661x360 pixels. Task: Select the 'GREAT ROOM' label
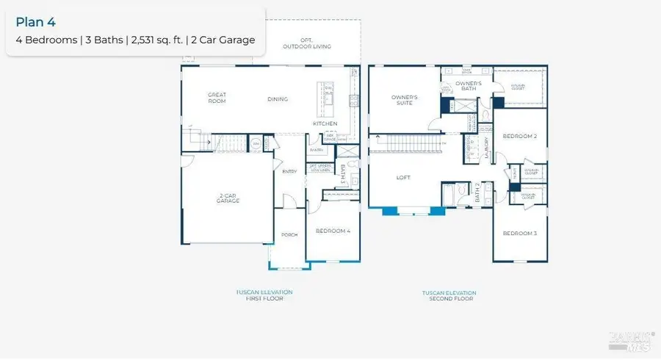[217, 98]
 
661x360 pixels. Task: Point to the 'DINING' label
[278, 99]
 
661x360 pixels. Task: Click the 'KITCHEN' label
[325, 123]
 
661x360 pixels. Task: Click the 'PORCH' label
[289, 235]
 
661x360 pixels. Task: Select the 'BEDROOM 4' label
[333, 231]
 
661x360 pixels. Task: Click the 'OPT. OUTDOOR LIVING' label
[307, 43]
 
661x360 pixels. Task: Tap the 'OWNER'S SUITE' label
[404, 100]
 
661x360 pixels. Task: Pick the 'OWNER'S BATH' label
[468, 87]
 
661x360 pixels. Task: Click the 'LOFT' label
[403, 177]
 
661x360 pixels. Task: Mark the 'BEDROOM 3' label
[520, 233]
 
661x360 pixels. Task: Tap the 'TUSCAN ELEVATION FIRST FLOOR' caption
[262, 295]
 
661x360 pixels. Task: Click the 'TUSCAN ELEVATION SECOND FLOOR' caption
[448, 295]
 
